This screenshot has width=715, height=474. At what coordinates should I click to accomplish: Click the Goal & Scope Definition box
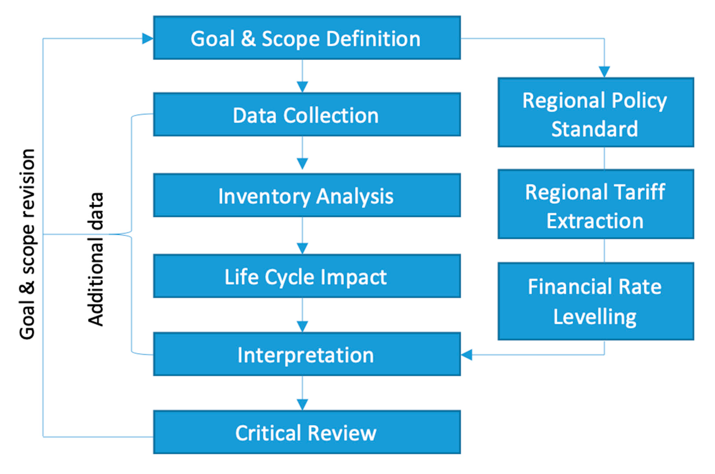pos(307,38)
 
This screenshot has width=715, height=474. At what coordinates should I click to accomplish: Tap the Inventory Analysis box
pos(307,195)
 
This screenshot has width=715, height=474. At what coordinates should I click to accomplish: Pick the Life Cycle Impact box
pos(307,276)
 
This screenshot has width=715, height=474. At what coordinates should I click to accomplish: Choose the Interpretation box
pos(307,354)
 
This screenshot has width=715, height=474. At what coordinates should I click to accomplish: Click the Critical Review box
pos(307,432)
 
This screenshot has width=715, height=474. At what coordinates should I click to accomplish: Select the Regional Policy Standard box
pos(595,112)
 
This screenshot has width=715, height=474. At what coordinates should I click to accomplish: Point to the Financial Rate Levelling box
pos(595,301)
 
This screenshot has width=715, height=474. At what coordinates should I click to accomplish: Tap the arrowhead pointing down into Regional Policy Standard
pos(604,72)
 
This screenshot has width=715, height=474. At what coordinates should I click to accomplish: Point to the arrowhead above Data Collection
pos(302,86)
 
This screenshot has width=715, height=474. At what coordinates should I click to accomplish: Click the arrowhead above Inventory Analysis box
pos(302,163)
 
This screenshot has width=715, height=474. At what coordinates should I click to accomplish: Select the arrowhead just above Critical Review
pos(302,404)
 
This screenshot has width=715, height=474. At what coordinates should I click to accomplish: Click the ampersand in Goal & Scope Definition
pos(248,39)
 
